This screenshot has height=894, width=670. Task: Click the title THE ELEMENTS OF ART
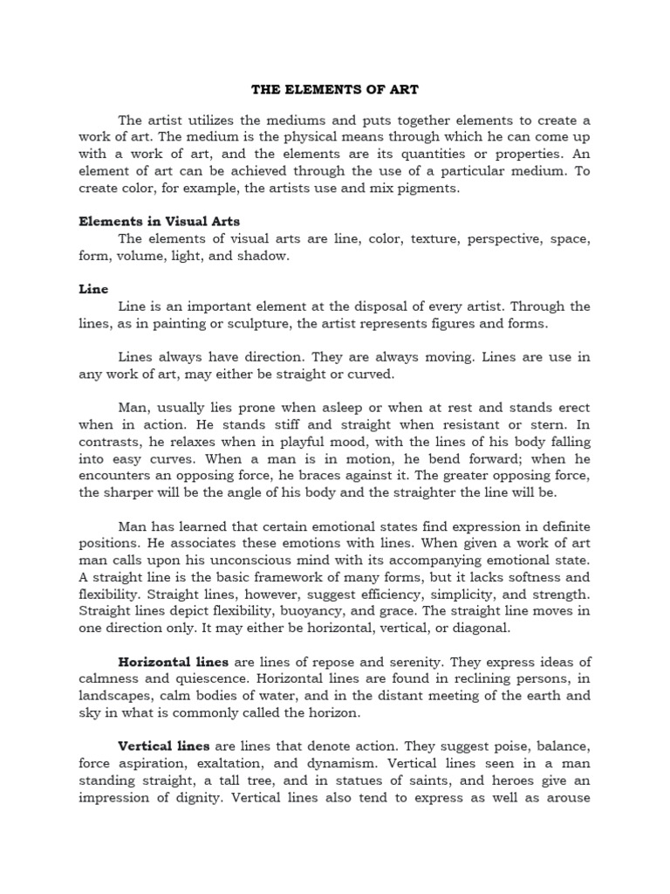[334, 89]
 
